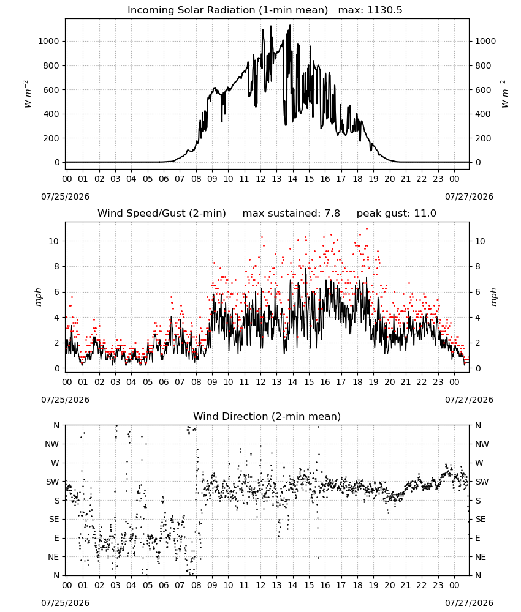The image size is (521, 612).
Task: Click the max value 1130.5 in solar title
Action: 384,10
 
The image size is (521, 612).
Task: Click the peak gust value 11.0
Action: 425,214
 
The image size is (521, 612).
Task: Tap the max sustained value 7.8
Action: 332,214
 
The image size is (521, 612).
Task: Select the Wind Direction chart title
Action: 267,416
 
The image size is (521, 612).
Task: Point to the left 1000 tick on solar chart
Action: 48,42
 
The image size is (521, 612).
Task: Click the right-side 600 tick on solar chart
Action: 483,90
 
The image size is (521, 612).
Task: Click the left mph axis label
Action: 38,297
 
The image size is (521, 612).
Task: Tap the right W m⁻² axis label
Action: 504,94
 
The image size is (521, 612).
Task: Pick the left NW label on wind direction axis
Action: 52,444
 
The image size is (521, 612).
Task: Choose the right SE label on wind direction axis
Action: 481,520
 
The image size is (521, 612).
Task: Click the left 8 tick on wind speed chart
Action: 57,267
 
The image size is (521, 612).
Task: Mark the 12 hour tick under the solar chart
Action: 260,179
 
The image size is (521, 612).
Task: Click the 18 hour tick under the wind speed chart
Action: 357,382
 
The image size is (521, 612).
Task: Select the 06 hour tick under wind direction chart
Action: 164,586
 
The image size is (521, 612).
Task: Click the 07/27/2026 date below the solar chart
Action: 469,196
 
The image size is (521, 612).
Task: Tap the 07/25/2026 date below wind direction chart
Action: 65,603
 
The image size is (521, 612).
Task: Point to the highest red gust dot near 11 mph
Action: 367,228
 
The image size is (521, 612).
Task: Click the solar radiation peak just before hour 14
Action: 290,25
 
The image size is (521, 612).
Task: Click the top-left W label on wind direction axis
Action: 55,463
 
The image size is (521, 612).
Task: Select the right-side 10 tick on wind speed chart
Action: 480,241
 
